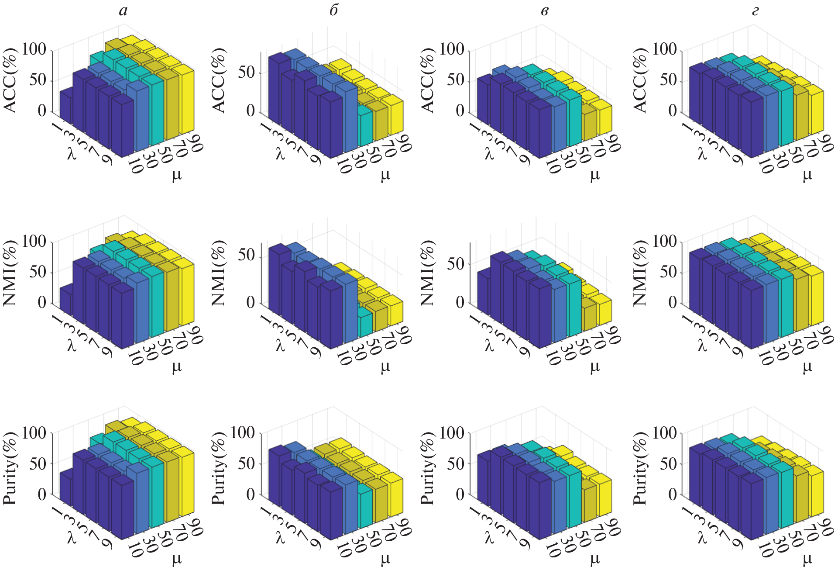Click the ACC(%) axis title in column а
[x=10, y=80]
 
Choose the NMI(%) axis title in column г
[x=639, y=273]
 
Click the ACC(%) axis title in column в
[x=429, y=80]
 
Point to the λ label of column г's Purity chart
[x=702, y=538]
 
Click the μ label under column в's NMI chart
[x=595, y=367]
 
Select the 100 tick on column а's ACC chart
[x=34, y=49]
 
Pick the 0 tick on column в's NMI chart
[x=460, y=302]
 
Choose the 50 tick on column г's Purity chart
[x=668, y=464]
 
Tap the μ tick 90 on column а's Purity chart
[x=194, y=529]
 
